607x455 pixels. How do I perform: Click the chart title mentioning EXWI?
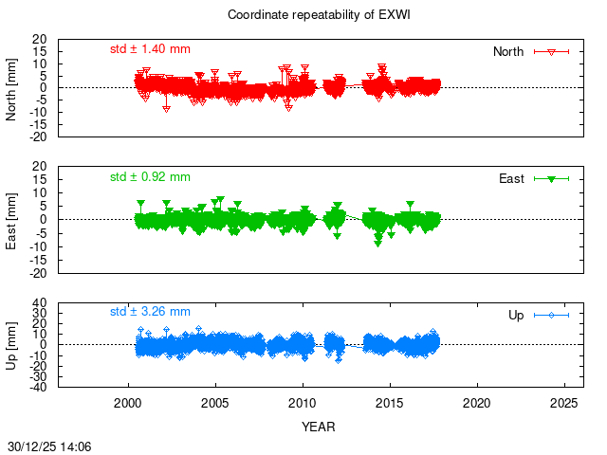[x=303, y=15]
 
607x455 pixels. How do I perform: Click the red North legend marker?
[x=551, y=51]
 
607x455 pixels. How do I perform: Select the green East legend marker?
[x=551, y=178]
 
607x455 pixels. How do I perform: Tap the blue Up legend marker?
[x=551, y=315]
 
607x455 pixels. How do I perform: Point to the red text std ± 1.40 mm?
[x=150, y=47]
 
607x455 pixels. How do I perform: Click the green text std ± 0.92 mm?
[x=150, y=176]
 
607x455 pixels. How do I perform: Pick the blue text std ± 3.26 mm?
[x=150, y=311]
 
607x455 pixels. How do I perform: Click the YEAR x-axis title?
[x=318, y=427]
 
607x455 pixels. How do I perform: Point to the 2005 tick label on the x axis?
[x=215, y=404]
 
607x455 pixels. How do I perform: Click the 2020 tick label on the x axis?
[x=477, y=404]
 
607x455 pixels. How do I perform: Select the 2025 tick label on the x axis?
[x=564, y=404]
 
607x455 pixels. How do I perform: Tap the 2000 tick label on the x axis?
[x=128, y=404]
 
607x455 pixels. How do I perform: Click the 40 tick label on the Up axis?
[x=41, y=304]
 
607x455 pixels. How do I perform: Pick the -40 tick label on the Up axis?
[x=38, y=387]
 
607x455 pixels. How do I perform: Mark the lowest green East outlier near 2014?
[x=377, y=243]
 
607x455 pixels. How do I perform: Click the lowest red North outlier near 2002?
[x=167, y=109]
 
